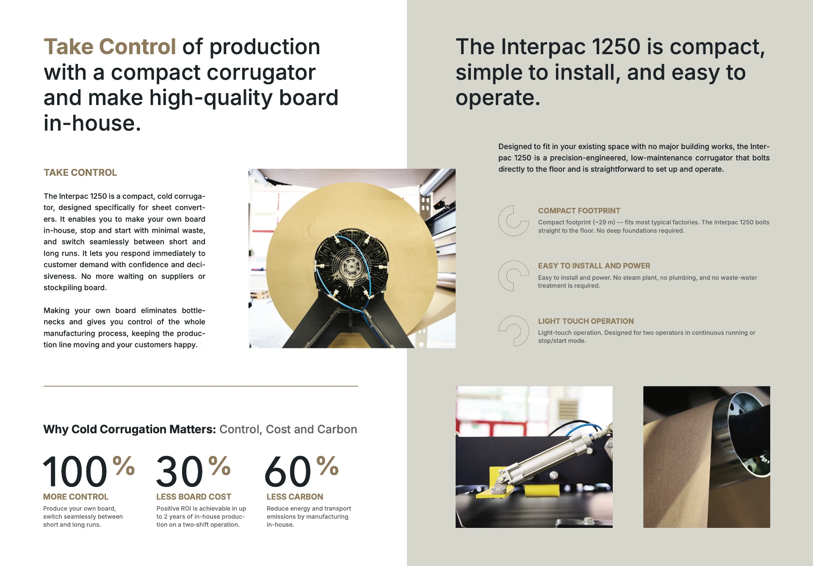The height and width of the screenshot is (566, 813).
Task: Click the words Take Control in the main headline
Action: tap(110, 47)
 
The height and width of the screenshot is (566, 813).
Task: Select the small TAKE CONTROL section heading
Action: tap(80, 173)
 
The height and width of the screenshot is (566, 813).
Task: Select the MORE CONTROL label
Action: tap(76, 497)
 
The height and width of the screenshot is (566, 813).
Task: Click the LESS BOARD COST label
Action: tap(194, 497)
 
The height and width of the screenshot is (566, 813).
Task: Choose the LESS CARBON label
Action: tap(295, 497)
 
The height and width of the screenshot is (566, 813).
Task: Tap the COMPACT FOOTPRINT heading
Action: tap(579, 211)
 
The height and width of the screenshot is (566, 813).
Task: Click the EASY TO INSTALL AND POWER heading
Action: tap(594, 266)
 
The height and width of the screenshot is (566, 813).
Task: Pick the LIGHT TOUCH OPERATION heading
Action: tap(586, 321)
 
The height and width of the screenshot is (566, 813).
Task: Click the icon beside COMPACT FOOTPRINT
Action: tap(513, 221)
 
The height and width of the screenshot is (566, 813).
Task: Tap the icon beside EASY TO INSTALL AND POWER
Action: tap(513, 276)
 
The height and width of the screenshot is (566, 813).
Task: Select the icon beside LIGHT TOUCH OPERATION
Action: tap(513, 331)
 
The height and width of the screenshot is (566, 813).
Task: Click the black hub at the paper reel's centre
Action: tap(351, 266)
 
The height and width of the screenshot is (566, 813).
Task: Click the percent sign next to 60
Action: tap(327, 466)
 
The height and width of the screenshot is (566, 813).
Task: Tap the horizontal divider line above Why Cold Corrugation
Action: tap(201, 386)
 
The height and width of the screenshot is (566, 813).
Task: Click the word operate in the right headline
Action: tap(498, 98)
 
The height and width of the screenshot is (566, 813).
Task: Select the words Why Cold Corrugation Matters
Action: tap(130, 429)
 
